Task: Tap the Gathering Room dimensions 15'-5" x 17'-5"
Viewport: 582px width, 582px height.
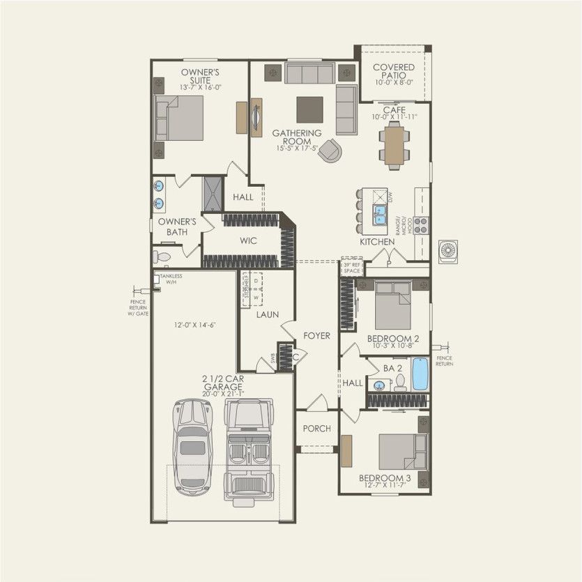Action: [x=297, y=148]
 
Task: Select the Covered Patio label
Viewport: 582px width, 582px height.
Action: [x=393, y=71]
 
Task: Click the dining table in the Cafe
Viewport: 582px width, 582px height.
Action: [x=395, y=146]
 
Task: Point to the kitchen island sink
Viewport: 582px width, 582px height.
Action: [x=380, y=215]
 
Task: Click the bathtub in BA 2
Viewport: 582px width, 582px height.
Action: [x=420, y=374]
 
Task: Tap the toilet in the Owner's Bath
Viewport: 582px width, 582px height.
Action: [x=162, y=256]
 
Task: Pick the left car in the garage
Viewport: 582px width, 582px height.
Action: [x=192, y=446]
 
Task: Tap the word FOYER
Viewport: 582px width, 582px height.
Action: [x=316, y=336]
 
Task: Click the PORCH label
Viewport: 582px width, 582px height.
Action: [x=316, y=429]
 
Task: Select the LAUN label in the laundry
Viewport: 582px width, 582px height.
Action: [x=266, y=314]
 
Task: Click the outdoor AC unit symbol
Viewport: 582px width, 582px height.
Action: [x=448, y=252]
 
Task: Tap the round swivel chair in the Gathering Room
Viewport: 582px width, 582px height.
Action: [x=330, y=151]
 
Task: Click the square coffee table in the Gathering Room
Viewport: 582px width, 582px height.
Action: [x=309, y=109]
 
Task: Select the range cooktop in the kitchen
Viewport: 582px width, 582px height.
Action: [x=421, y=224]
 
